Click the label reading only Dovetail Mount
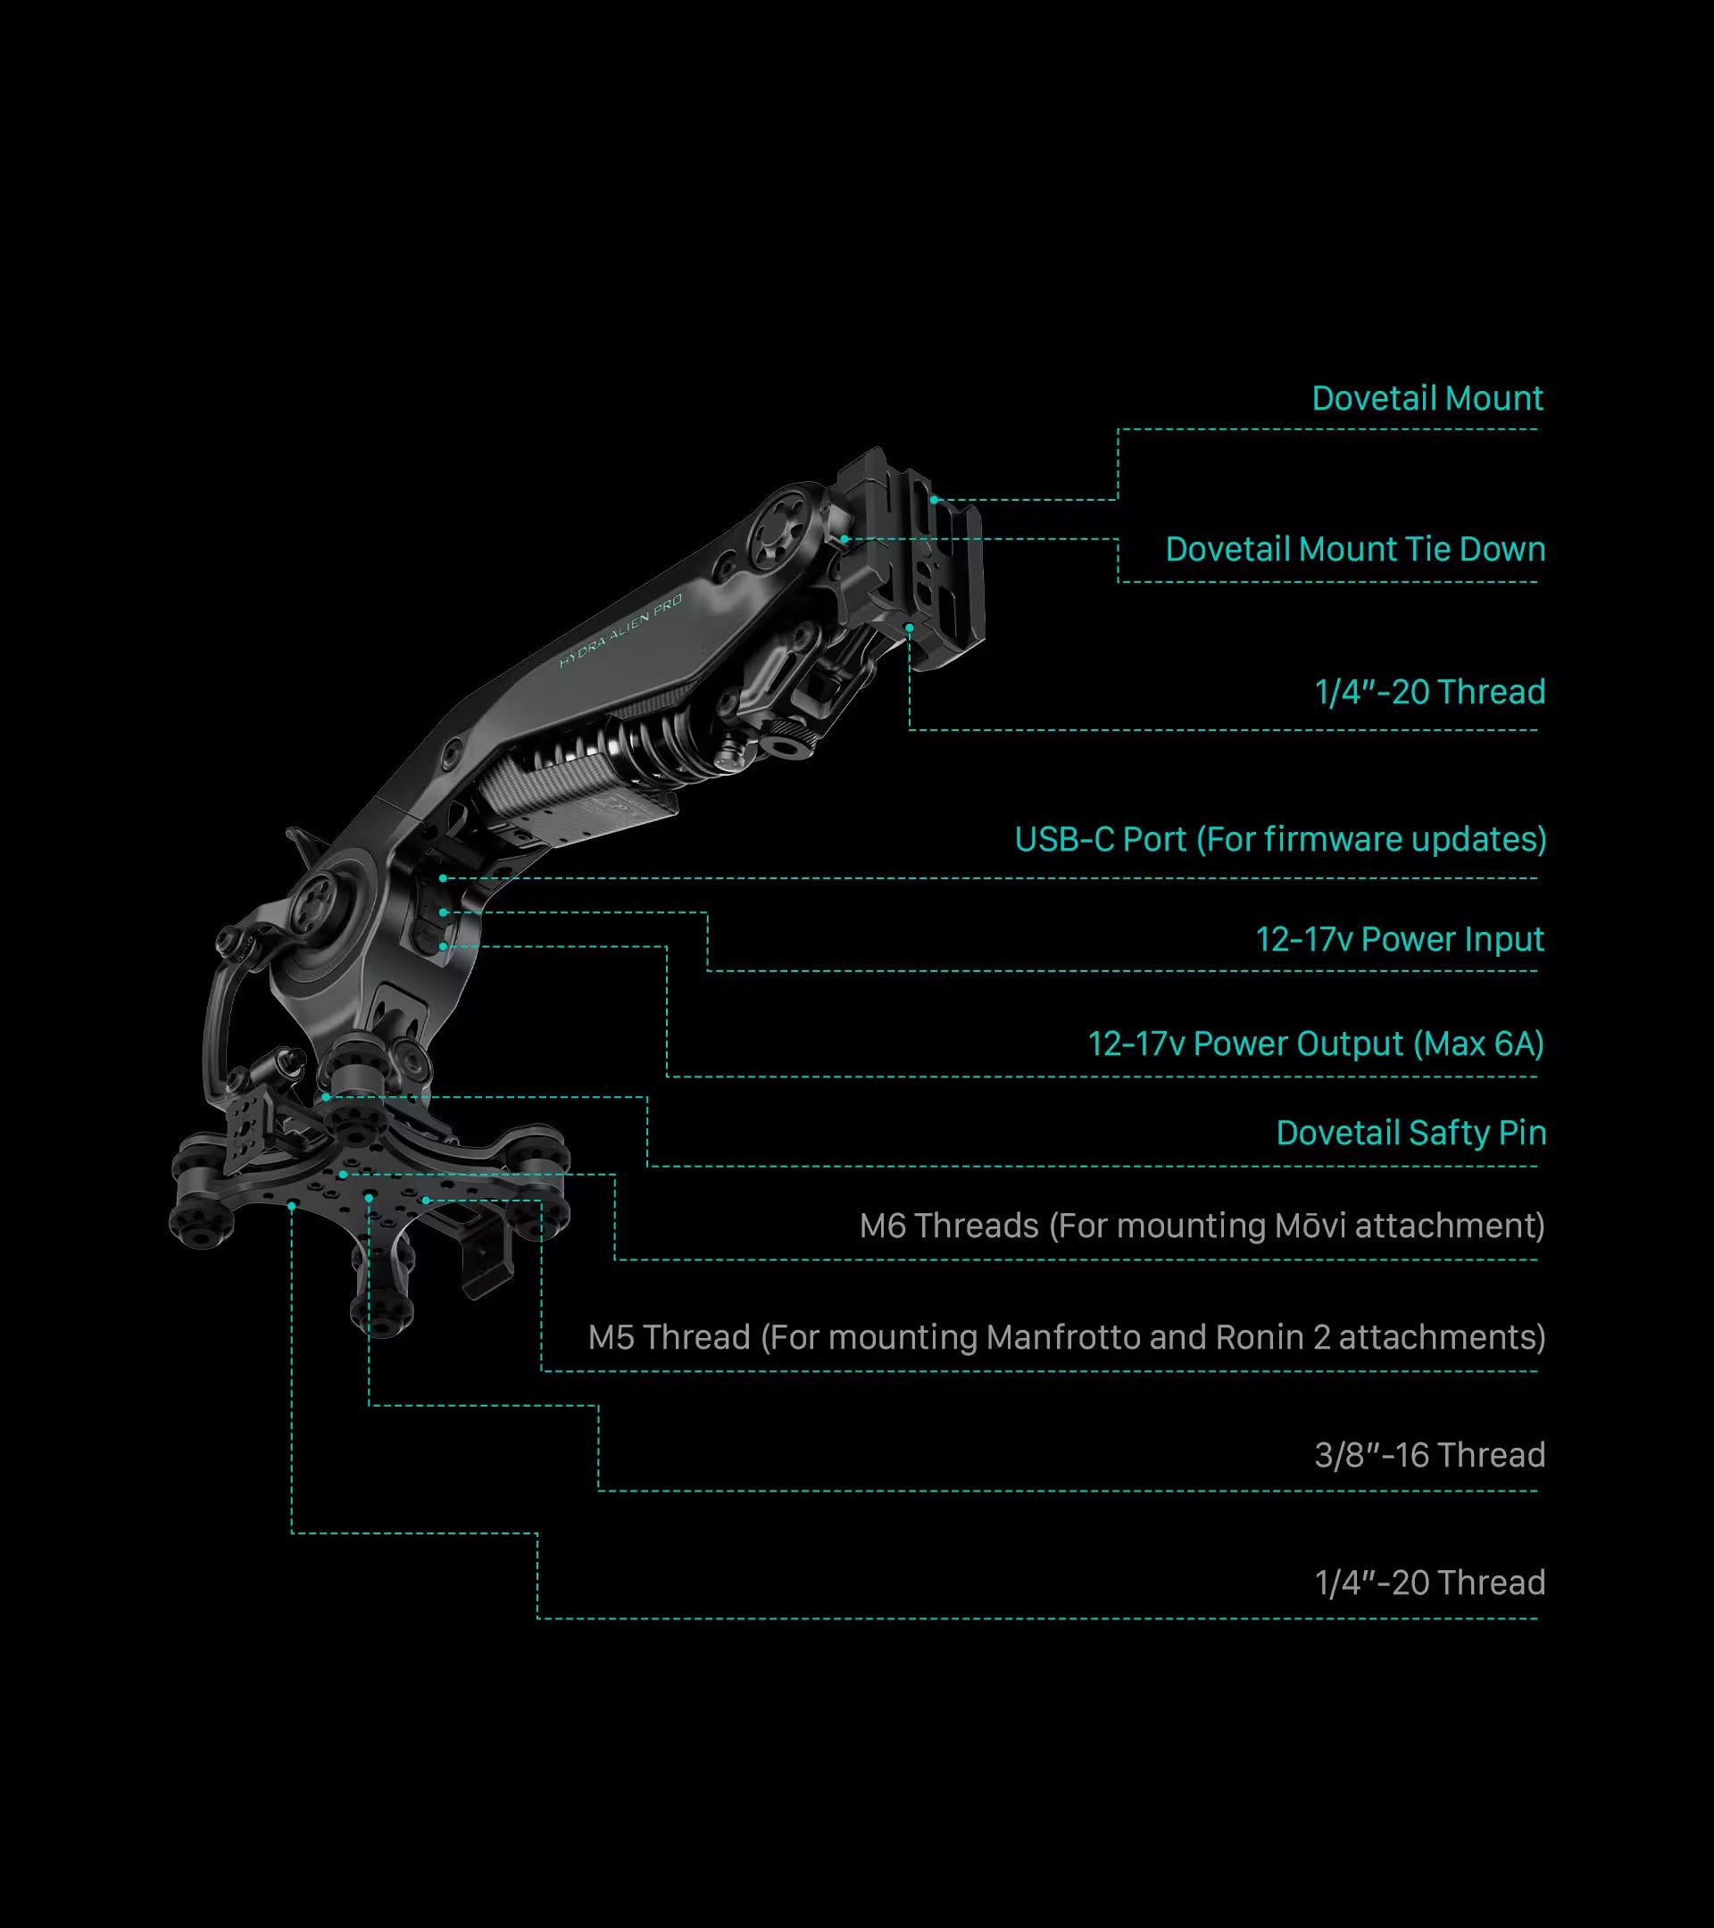1427,398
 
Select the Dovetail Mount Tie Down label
1355,549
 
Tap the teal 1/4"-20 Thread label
1430,693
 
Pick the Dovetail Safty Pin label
1411,1133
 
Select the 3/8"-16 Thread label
1430,1456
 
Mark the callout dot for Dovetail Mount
934,500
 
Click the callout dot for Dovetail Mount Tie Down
845,539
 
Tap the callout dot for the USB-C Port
443,878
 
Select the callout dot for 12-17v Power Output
443,946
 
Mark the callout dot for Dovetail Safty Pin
326,1097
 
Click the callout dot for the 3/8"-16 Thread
369,1196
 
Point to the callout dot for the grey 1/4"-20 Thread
292,1206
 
